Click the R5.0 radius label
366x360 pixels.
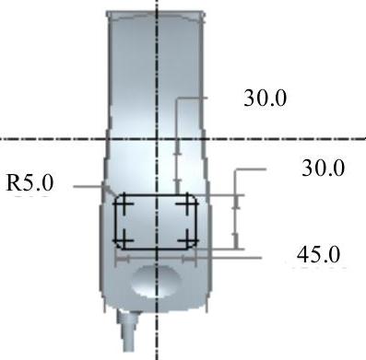(x=30, y=183)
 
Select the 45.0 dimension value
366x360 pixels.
(x=319, y=254)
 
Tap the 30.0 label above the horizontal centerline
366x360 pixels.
(x=266, y=99)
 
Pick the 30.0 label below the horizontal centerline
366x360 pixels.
(x=324, y=168)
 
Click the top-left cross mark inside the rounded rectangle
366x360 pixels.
(x=124, y=203)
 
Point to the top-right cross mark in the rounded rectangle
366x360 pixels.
(x=187, y=203)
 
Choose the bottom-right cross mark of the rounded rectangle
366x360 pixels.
(x=187, y=240)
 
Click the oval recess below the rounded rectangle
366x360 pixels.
(x=156, y=282)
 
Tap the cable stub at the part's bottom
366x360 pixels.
(x=128, y=331)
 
